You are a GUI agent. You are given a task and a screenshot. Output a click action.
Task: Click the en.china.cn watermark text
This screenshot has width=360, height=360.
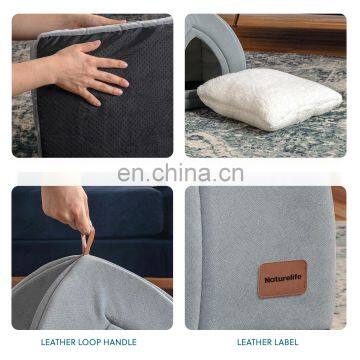tap(180, 173)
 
